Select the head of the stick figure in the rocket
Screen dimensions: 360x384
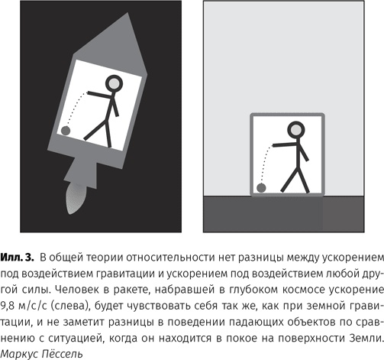coord(115,83)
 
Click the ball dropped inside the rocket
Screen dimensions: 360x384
coord(66,131)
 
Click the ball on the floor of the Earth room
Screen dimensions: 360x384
coord(262,186)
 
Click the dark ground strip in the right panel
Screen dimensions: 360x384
coord(293,214)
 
